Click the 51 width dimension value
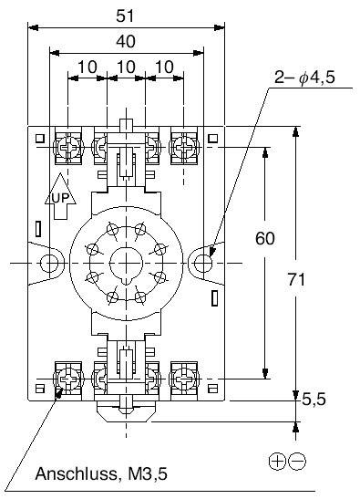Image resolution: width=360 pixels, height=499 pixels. (125, 16)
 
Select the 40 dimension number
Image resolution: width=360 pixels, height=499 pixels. (126, 41)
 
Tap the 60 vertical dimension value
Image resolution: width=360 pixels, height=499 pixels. (265, 238)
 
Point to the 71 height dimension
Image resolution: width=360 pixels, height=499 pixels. (296, 279)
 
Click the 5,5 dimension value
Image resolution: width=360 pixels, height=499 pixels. (314, 400)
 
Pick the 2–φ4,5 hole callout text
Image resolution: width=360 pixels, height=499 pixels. (304, 78)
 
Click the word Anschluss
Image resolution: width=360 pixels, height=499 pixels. (76, 473)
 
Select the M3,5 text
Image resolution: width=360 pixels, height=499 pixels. (148, 474)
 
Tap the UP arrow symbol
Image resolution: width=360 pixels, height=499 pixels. (60, 196)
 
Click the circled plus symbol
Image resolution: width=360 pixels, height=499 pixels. (277, 462)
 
